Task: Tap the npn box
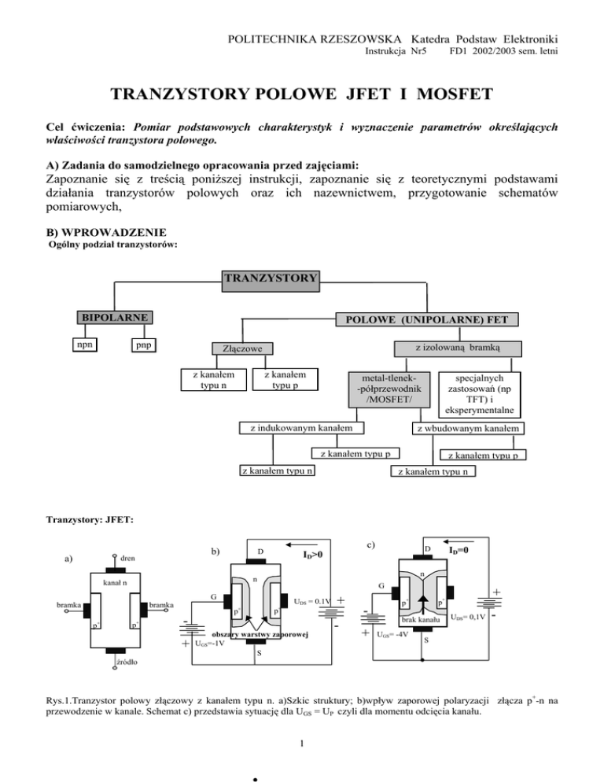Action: tap(81, 345)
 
